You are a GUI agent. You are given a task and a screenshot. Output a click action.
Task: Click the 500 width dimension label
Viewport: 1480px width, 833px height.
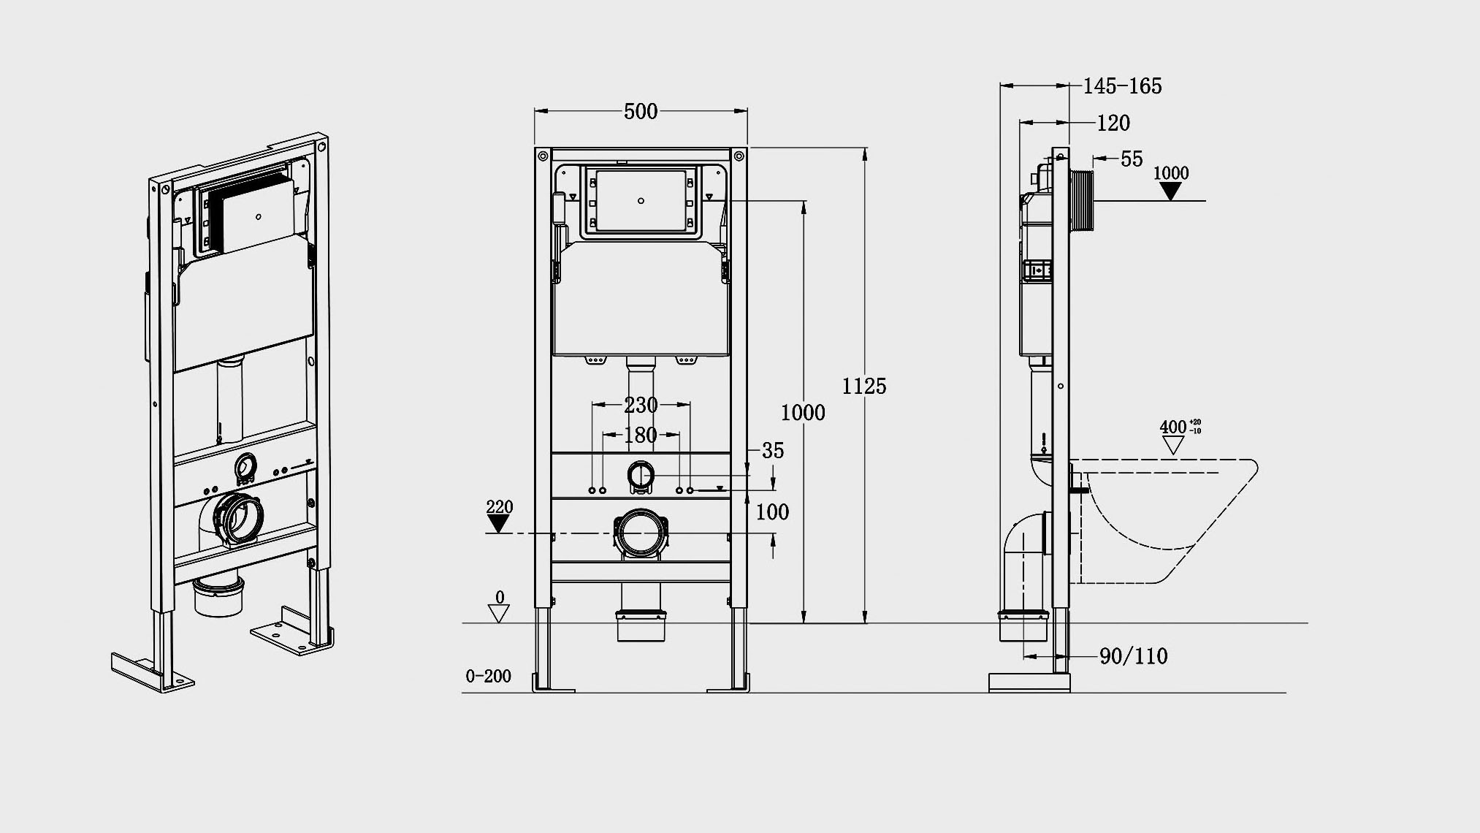641,111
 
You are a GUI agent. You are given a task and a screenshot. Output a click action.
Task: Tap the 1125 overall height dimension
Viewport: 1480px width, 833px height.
864,386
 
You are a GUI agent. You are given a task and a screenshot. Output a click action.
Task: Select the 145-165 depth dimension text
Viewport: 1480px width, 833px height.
1122,86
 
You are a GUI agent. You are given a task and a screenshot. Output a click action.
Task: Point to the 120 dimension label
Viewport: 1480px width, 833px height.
1113,123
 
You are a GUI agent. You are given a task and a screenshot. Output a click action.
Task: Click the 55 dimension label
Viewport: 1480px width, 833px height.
1132,159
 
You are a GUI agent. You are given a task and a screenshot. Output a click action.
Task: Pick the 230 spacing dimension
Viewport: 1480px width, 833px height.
641,404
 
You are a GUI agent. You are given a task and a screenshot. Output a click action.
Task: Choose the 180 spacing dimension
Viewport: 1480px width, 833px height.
641,435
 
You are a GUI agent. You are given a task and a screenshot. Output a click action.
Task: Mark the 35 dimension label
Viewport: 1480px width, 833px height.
773,451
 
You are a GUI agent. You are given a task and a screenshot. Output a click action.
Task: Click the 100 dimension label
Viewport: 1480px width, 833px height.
772,512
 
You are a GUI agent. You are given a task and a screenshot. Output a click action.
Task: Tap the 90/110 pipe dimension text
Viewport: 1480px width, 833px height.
1134,656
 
